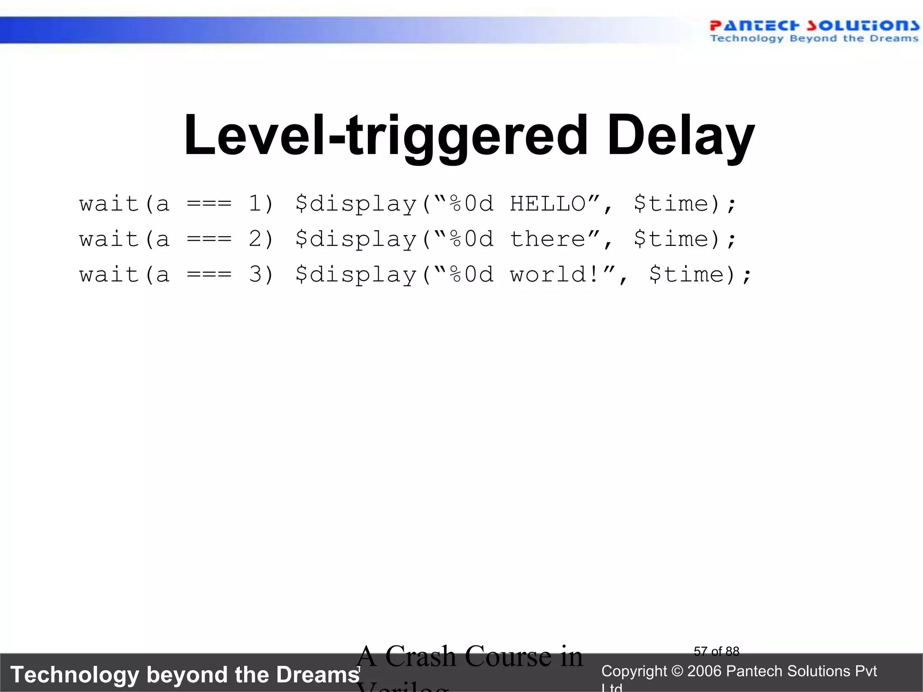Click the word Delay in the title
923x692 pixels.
pos(681,135)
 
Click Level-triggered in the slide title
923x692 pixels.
pos(386,135)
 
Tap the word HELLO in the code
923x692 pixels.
pos(548,204)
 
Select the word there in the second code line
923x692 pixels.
pos(548,239)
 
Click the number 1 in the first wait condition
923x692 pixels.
pos(255,204)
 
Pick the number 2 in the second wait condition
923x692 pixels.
pos(255,239)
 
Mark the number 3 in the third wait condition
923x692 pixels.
pos(255,275)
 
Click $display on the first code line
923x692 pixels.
pos(356,204)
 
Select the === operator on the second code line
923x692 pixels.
pos(209,239)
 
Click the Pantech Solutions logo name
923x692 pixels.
pos(814,25)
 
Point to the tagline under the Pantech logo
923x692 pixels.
pos(814,39)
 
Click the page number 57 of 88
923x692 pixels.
pos(717,651)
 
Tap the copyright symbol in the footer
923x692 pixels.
pos(677,671)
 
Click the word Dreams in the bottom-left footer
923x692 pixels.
pos(318,675)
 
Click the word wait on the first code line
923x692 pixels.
pos(109,204)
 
